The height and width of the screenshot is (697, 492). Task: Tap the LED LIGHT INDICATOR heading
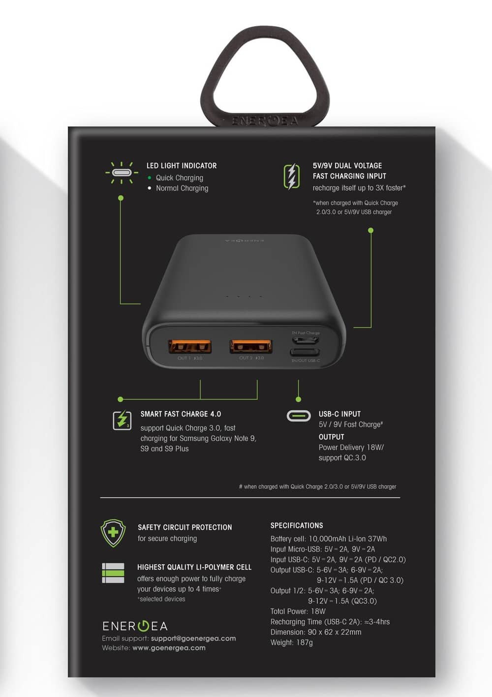(x=182, y=166)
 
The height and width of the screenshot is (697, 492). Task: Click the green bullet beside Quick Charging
(x=150, y=178)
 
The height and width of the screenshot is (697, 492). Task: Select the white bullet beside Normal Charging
(x=150, y=188)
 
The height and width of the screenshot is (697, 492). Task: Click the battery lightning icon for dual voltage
(x=292, y=177)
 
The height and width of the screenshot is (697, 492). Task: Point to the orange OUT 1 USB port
(x=190, y=346)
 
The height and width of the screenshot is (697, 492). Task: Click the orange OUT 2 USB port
(x=251, y=346)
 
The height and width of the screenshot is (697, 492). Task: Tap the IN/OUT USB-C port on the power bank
(x=305, y=353)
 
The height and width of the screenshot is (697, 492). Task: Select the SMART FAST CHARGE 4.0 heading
(x=181, y=414)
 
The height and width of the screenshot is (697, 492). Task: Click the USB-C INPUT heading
(x=339, y=414)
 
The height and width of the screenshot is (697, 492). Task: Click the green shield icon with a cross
(x=113, y=533)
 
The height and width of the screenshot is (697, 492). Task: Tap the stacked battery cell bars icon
(x=113, y=573)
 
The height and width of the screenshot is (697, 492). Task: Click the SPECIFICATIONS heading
(x=297, y=525)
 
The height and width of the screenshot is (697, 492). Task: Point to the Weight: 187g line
(x=292, y=642)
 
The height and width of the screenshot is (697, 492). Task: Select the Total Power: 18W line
(x=298, y=611)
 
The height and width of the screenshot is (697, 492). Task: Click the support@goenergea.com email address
(x=193, y=638)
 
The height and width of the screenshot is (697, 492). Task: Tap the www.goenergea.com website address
(x=169, y=648)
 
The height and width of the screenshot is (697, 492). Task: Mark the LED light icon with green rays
(x=122, y=172)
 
